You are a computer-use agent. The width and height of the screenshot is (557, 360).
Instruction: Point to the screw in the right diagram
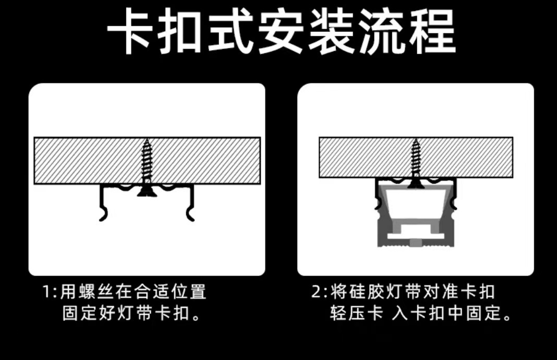(416, 162)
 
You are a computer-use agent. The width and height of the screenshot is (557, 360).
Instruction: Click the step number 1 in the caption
(46, 292)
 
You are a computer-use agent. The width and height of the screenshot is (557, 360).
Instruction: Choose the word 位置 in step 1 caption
(189, 292)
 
